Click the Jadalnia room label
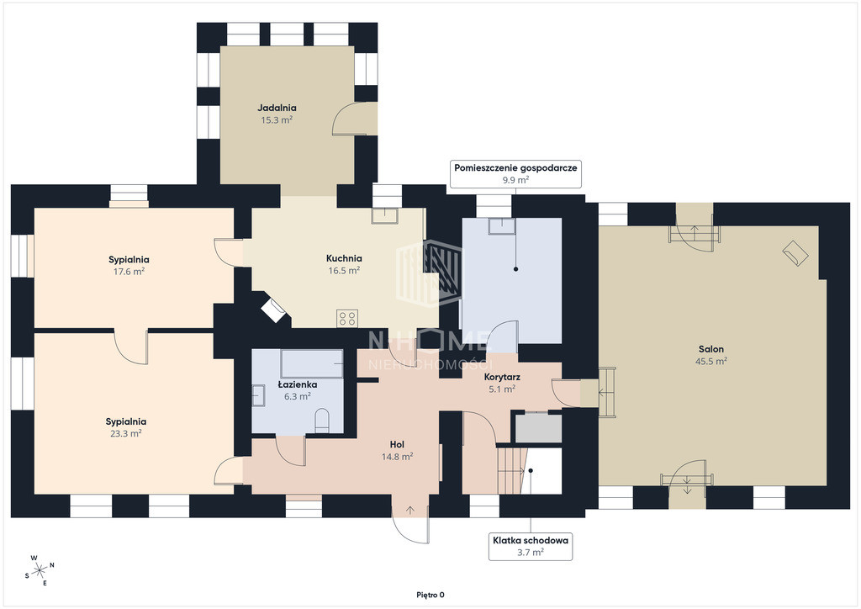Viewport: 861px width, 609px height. [277, 109]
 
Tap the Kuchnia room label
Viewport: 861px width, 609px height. [344, 258]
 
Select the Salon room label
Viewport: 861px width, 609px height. [711, 349]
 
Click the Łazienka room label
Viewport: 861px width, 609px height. [297, 384]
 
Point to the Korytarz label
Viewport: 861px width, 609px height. [502, 378]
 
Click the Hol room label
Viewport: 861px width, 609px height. [397, 444]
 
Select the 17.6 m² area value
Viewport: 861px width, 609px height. [129, 272]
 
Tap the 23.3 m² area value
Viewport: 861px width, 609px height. [126, 433]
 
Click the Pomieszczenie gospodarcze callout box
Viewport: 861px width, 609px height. [515, 173]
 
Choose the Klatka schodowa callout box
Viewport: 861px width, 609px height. [531, 547]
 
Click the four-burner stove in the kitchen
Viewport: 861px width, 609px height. [347, 319]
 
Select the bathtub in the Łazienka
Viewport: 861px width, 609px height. [313, 363]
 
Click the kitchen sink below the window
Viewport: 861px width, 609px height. [385, 216]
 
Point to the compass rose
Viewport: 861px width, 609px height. [40, 570]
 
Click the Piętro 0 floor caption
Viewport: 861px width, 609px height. [430, 595]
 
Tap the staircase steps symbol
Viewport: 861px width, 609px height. [510, 470]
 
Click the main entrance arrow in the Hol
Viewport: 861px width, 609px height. [410, 510]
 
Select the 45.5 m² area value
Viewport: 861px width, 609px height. [711, 362]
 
